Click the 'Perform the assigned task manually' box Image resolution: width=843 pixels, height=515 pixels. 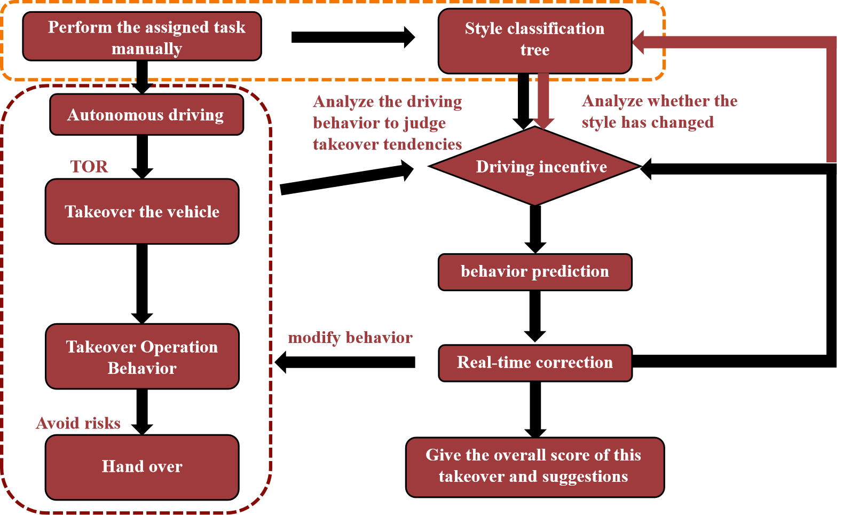click(x=142, y=36)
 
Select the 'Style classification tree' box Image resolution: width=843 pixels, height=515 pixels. click(x=534, y=41)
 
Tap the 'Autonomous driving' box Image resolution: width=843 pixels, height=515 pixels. click(x=146, y=114)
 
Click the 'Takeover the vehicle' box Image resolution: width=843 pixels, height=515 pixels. click(x=142, y=212)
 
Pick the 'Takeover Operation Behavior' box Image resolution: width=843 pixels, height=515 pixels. click(x=142, y=356)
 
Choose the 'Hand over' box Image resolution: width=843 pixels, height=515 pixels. click(x=142, y=467)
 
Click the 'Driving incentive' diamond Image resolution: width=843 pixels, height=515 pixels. click(x=535, y=166)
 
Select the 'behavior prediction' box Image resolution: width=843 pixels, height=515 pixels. click(x=535, y=272)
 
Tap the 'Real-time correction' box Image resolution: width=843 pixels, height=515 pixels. click(x=535, y=363)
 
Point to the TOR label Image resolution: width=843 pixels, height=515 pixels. click(x=89, y=167)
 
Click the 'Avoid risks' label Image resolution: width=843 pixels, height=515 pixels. click(x=78, y=423)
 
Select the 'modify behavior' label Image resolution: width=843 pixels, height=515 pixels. click(x=350, y=338)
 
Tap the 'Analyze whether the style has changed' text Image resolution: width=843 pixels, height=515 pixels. click(x=659, y=112)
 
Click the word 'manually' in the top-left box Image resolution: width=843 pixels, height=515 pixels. click(x=147, y=49)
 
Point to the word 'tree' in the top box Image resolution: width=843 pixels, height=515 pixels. click(x=535, y=50)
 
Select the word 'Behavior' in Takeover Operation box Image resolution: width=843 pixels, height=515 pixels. click(x=142, y=369)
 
